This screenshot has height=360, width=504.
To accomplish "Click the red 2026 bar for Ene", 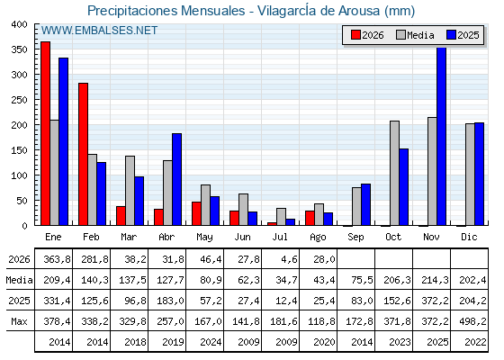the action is click(45, 133).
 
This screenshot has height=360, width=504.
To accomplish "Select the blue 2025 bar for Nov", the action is click(441, 136).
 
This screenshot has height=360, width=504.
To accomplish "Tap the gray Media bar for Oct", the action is click(395, 173).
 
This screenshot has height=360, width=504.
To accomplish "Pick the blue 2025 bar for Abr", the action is click(176, 179).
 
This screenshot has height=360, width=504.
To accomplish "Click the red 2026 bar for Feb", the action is click(83, 154).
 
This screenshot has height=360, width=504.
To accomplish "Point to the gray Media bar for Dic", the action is click(470, 175).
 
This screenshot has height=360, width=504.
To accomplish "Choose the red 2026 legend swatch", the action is click(355, 35).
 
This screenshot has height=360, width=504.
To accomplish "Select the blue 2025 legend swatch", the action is click(451, 35).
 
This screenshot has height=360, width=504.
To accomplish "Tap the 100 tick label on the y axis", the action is click(19, 175).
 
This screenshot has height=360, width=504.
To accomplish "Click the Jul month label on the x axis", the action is click(280, 237).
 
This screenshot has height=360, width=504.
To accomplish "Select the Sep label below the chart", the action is click(355, 237).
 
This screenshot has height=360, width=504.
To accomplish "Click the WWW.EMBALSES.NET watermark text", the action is click(99, 31).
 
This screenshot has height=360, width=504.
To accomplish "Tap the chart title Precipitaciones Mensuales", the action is click(166, 11).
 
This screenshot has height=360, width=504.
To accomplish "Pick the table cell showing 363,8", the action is click(58, 259).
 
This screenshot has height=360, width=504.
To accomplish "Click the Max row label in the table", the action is click(19, 321).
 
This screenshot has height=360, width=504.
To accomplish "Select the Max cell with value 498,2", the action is click(472, 321).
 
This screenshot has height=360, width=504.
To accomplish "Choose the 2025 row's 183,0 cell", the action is click(170, 301).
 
